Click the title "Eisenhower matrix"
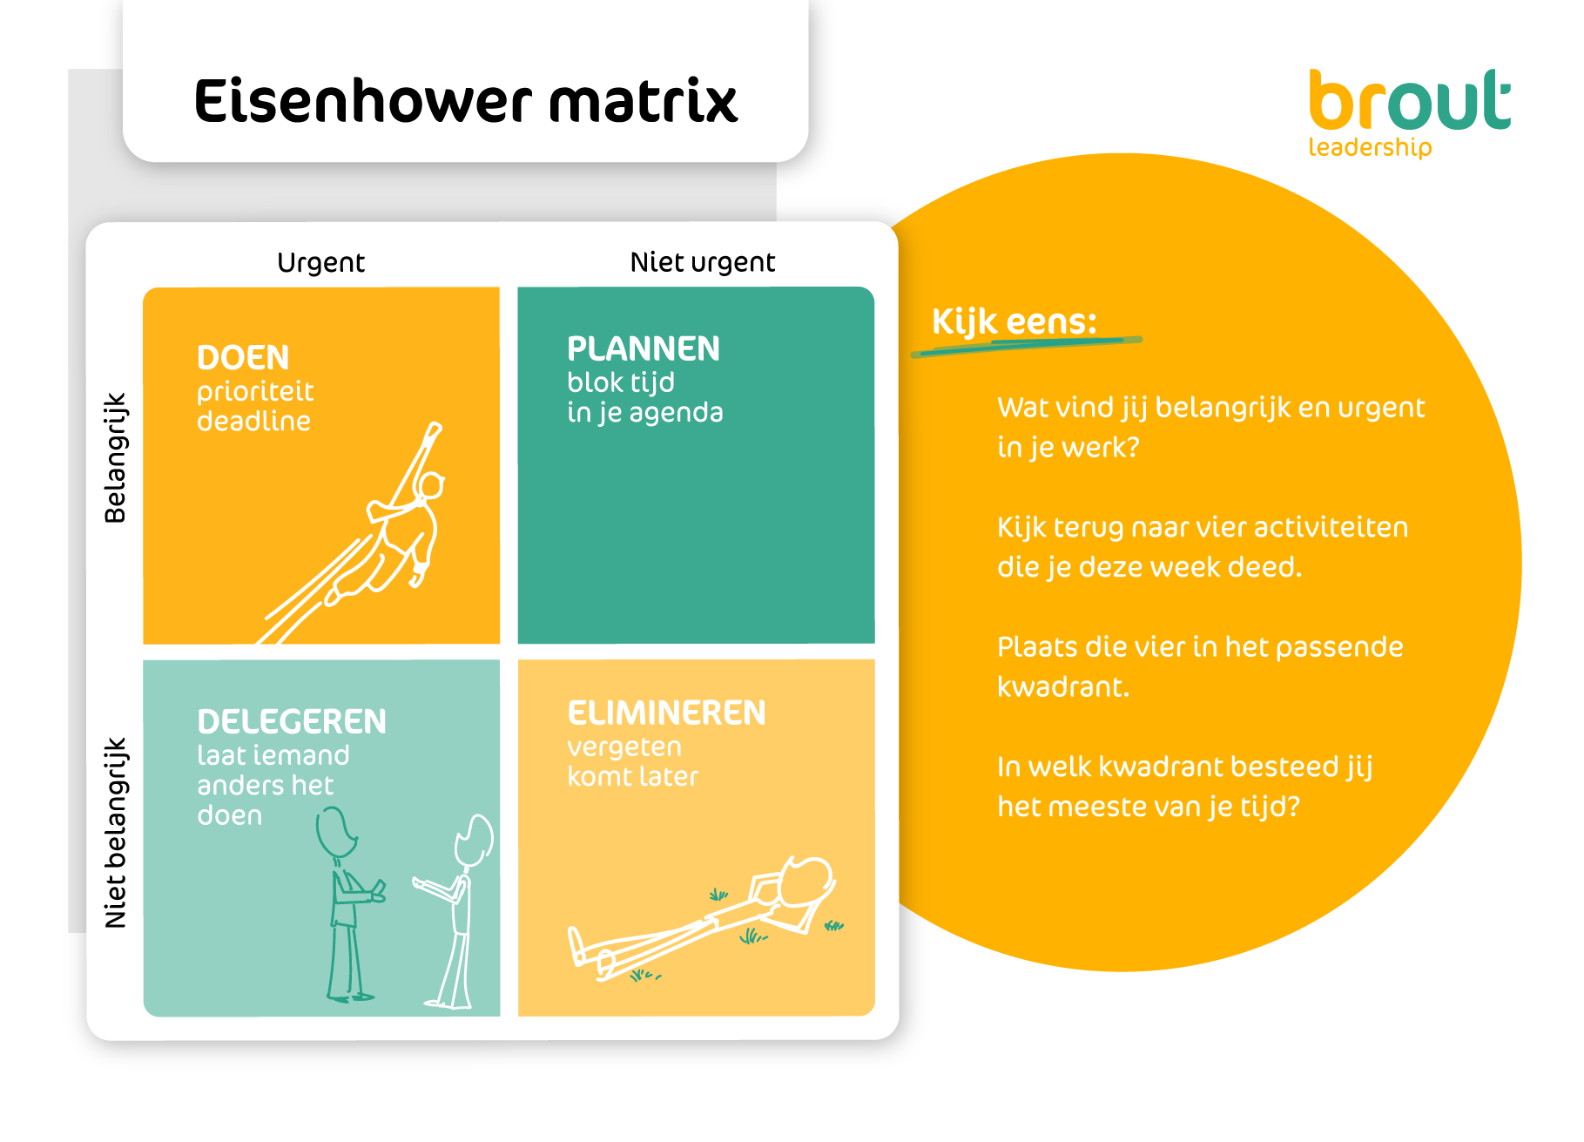tap(466, 101)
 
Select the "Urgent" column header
tap(320, 262)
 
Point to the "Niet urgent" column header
tap(702, 262)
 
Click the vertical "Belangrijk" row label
tap(115, 458)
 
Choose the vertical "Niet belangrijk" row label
tap(115, 833)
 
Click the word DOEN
tap(243, 358)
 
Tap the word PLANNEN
tap(644, 348)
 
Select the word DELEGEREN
tap(292, 721)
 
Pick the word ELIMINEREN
tap(666, 713)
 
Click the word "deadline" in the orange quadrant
tap(253, 421)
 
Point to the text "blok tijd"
tap(621, 383)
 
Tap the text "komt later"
tap(633, 776)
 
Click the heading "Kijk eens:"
tap(1014, 321)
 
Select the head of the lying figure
tap(807, 881)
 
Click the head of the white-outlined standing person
tap(475, 840)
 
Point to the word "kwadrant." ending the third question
tap(1063, 687)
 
